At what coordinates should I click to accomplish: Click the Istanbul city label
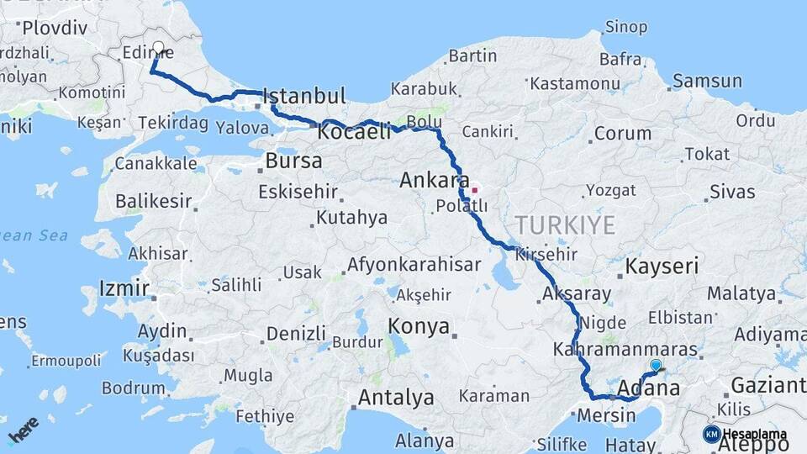pyautogui.click(x=304, y=94)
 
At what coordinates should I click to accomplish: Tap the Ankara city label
pyautogui.click(x=434, y=180)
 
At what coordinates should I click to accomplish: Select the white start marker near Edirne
pyautogui.click(x=158, y=47)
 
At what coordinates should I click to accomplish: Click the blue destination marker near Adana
pyautogui.click(x=656, y=366)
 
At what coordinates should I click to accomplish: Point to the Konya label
pyautogui.click(x=419, y=326)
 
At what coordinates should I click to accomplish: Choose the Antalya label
pyautogui.click(x=396, y=396)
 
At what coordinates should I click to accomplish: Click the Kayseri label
pyautogui.click(x=662, y=267)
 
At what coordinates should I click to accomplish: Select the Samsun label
pyautogui.click(x=707, y=82)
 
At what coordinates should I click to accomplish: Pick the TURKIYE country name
pyautogui.click(x=565, y=224)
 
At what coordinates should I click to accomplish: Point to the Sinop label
pyautogui.click(x=626, y=28)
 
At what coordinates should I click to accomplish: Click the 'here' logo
pyautogui.click(x=23, y=430)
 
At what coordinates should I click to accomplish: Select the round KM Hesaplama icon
pyautogui.click(x=712, y=434)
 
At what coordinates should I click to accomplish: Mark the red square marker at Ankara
pyautogui.click(x=474, y=189)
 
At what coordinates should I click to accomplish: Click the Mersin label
pyautogui.click(x=604, y=414)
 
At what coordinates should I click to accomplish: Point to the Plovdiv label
pyautogui.click(x=55, y=29)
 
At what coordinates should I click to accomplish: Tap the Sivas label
pyautogui.click(x=732, y=191)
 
